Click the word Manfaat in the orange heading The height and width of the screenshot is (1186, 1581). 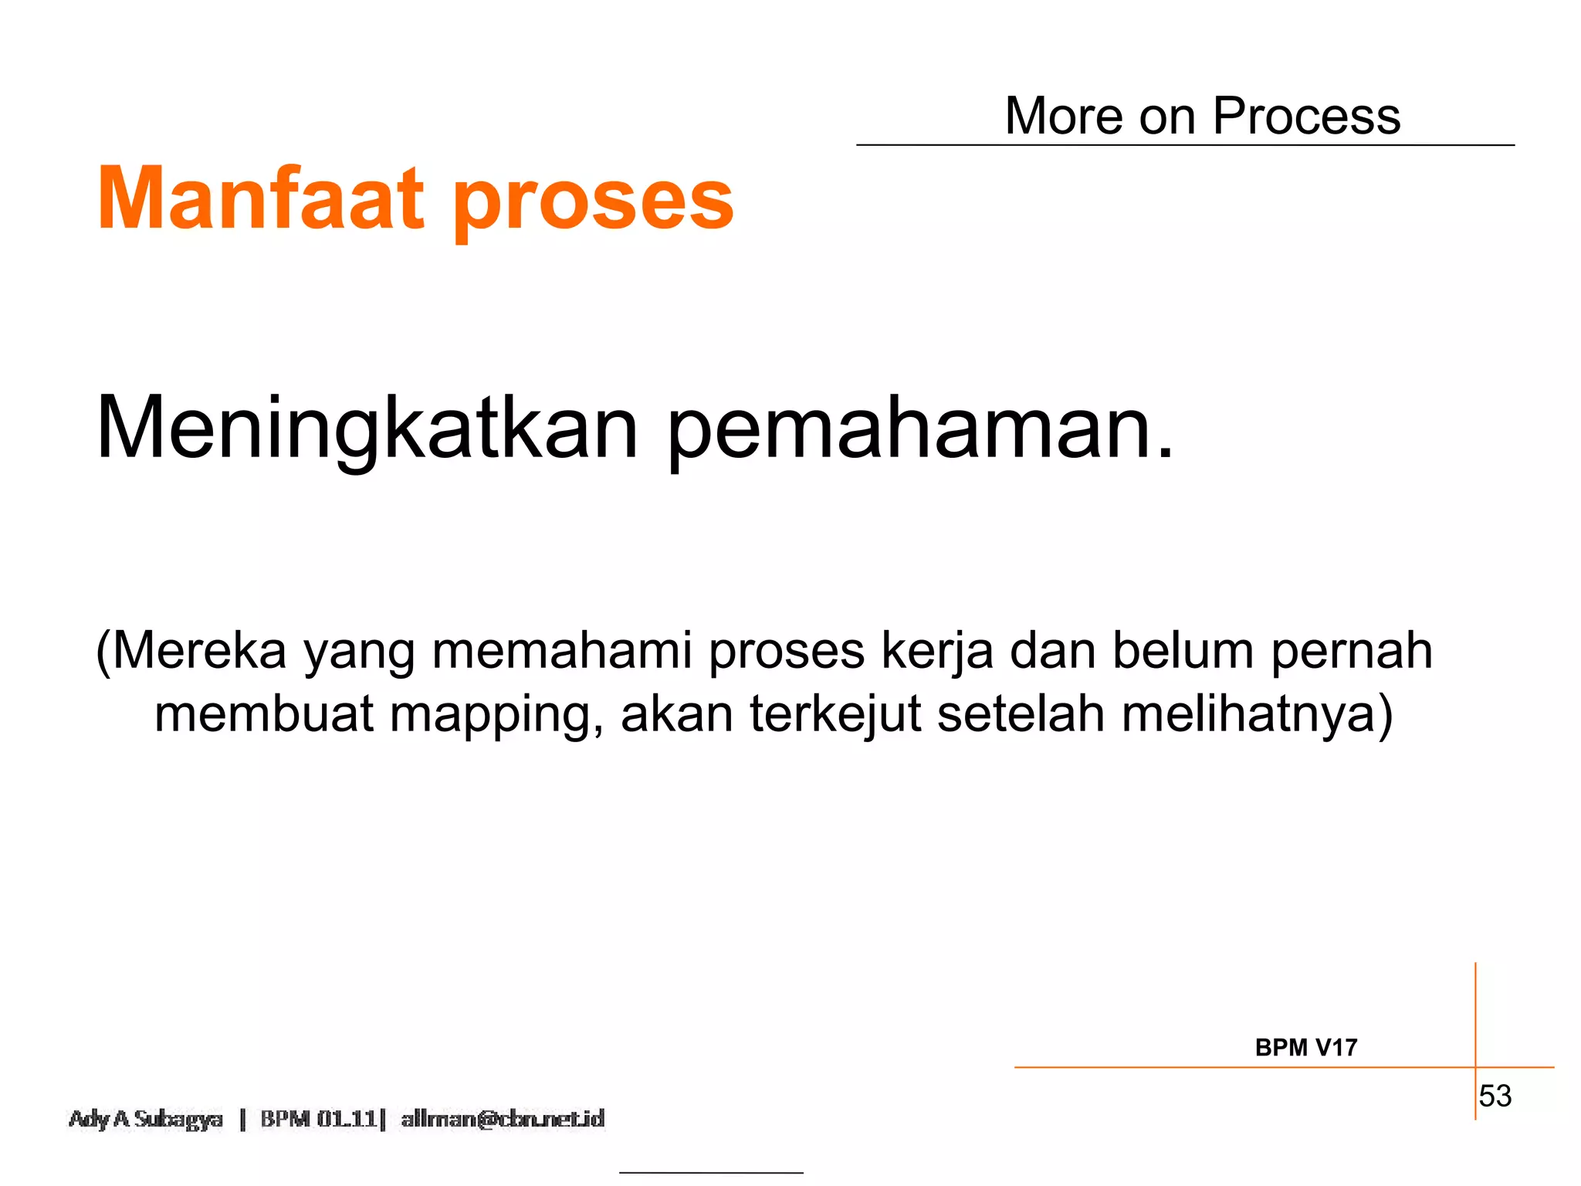pyautogui.click(x=260, y=199)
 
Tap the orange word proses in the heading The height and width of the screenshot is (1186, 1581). pyautogui.click(x=593, y=202)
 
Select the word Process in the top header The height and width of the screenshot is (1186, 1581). pyautogui.click(x=1306, y=117)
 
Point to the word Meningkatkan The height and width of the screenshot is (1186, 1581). pyautogui.click(x=367, y=429)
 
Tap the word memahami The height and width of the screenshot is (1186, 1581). pyautogui.click(x=561, y=651)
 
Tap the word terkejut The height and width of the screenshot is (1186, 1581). pyautogui.click(x=835, y=714)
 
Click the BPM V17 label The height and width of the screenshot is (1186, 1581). pyautogui.click(x=1306, y=1048)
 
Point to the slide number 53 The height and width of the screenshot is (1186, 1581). pyautogui.click(x=1495, y=1096)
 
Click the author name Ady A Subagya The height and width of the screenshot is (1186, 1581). pyautogui.click(x=146, y=1119)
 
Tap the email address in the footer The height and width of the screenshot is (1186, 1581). pyautogui.click(x=503, y=1119)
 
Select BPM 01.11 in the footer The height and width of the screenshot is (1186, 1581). pyautogui.click(x=318, y=1119)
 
